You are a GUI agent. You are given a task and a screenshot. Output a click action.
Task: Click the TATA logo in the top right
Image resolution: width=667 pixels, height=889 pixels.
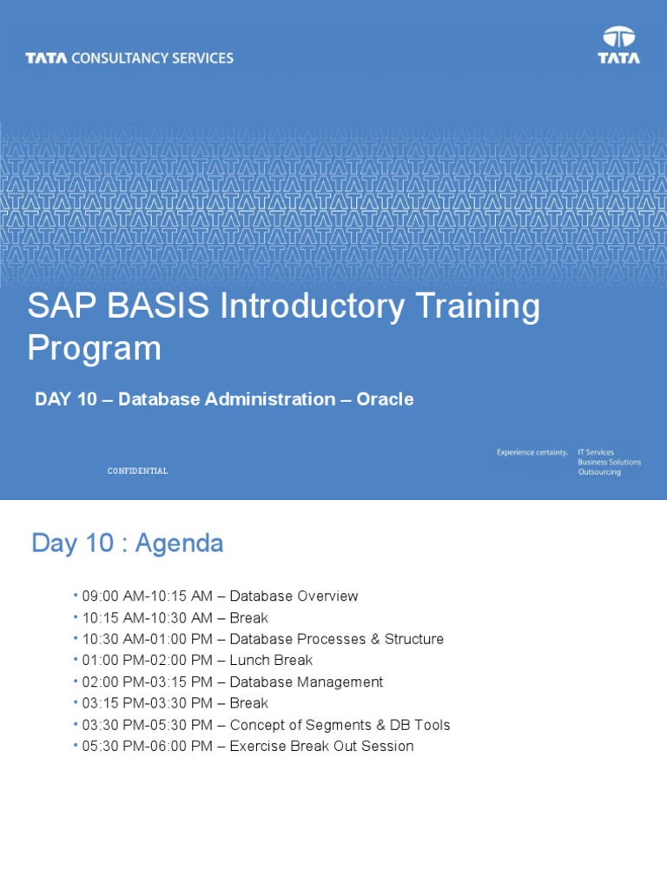tap(618, 46)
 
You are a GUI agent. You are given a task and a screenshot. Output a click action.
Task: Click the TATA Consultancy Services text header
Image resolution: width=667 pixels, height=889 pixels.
tap(129, 58)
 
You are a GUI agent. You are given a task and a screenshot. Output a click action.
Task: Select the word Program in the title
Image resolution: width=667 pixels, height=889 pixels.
tap(94, 349)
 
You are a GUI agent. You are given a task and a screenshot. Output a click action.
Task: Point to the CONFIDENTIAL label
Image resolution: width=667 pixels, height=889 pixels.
tap(137, 471)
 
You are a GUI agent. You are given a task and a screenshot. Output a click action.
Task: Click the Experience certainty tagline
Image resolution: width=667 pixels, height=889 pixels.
tap(532, 452)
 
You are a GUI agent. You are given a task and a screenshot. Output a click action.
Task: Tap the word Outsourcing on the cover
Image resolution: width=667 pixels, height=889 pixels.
tap(599, 472)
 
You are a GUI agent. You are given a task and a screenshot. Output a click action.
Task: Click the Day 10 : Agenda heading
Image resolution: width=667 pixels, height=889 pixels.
tap(128, 543)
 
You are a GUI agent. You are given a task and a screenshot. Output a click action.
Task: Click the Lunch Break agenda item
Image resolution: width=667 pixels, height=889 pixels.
tap(271, 661)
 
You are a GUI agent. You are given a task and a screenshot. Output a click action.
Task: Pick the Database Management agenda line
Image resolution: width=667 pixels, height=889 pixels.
tap(306, 682)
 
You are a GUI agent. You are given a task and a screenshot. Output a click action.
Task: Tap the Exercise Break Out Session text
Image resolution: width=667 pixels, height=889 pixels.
tap(321, 747)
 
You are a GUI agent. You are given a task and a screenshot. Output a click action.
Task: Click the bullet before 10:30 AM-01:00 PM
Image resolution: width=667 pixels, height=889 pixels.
tap(76, 639)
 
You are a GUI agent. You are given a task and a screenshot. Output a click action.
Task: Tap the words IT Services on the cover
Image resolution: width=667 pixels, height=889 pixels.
tap(596, 452)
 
